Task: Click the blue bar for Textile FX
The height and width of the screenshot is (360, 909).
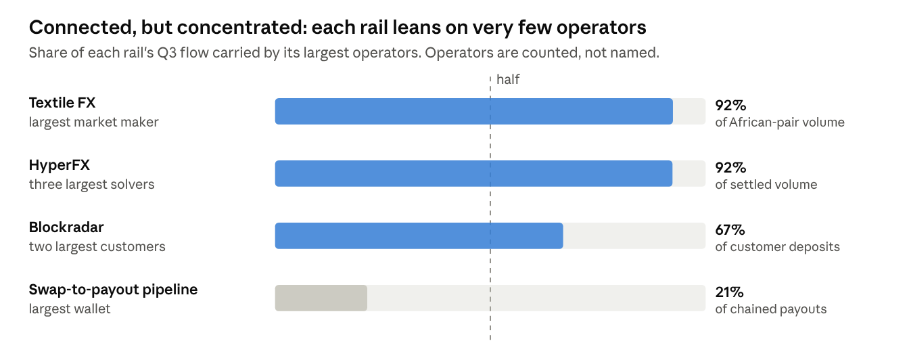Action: (x=473, y=111)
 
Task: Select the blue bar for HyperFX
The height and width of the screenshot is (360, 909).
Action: (x=473, y=173)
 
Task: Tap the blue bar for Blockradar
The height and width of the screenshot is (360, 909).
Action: (x=419, y=235)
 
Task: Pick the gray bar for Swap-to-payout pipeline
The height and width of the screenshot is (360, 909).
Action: (x=321, y=298)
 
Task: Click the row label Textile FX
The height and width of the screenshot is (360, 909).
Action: (x=62, y=103)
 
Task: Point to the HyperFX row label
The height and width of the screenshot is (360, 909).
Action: (x=60, y=165)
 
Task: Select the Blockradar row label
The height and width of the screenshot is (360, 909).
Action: (x=66, y=227)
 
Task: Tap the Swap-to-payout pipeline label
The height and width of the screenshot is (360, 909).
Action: (x=113, y=290)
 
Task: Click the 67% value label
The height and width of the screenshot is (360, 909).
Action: (x=730, y=230)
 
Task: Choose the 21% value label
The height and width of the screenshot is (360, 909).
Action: (x=729, y=292)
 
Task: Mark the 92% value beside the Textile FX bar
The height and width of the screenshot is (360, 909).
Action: (x=730, y=106)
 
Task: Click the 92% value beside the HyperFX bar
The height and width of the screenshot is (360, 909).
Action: (x=730, y=168)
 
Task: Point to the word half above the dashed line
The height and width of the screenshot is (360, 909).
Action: (x=508, y=80)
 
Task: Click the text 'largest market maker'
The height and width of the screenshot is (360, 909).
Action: (x=94, y=122)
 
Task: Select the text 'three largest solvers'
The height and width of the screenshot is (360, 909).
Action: (x=92, y=185)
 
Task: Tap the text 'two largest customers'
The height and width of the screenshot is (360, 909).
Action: (x=97, y=247)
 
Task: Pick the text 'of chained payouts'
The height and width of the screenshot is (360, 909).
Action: (x=770, y=309)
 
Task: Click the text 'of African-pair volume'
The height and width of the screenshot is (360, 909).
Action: (x=780, y=122)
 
